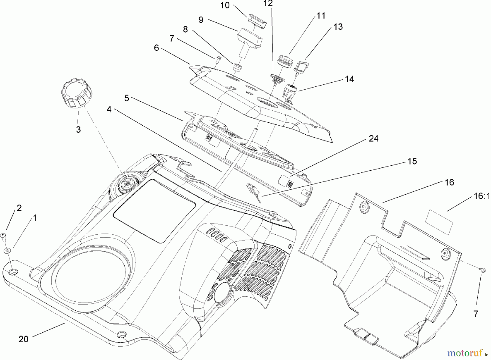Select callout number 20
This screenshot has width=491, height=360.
(x=23, y=339)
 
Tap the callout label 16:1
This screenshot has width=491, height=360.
(x=482, y=196)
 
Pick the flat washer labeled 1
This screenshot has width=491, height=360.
(x=7, y=250)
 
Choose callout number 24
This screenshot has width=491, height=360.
(x=373, y=138)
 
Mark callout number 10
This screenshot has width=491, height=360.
(x=225, y=5)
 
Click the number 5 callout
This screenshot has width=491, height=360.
(x=127, y=98)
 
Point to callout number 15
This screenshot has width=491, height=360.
(x=412, y=161)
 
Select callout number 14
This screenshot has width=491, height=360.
(x=349, y=79)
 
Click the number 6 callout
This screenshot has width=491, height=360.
(x=156, y=48)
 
